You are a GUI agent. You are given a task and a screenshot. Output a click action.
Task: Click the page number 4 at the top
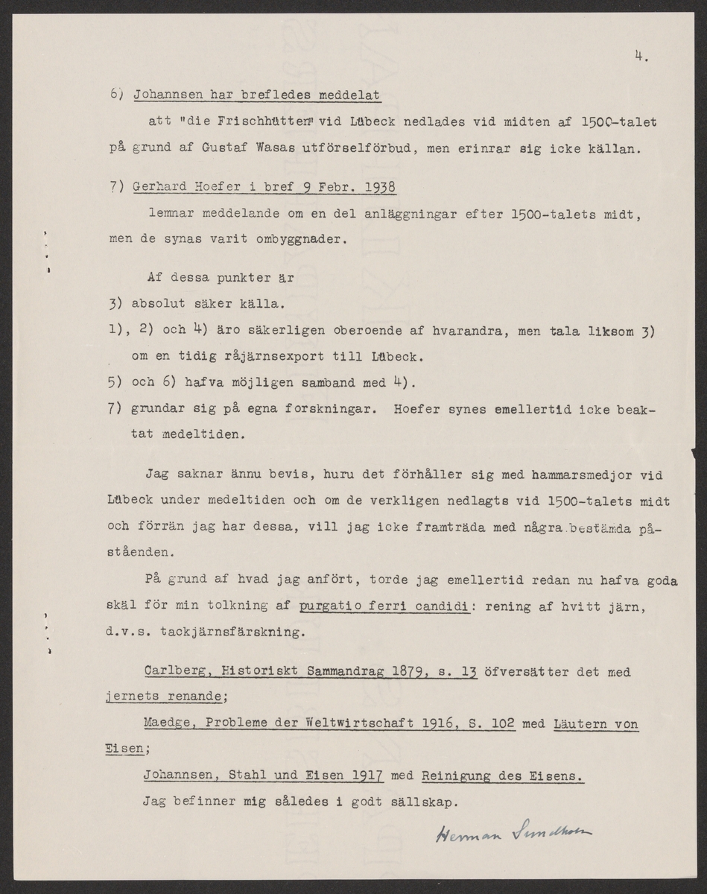640,54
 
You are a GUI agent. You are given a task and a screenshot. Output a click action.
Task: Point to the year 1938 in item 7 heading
377,188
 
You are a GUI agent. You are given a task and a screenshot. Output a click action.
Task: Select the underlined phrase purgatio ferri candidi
384,606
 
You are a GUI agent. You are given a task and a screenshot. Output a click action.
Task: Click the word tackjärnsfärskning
238,634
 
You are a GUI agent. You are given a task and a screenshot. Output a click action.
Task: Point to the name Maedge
167,724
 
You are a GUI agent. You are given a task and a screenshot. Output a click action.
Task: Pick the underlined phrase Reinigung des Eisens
502,776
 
